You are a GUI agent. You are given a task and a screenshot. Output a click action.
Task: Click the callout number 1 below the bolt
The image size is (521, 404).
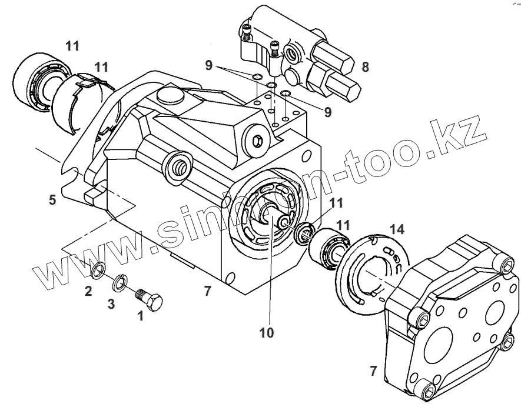pyautogui.click(x=140, y=316)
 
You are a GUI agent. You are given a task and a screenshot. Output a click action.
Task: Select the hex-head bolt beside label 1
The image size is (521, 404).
pyautogui.click(x=150, y=299)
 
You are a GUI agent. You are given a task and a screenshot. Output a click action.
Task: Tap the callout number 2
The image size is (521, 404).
pyautogui.click(x=87, y=290)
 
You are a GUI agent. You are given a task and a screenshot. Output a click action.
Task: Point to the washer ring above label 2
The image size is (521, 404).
pyautogui.click(x=99, y=271)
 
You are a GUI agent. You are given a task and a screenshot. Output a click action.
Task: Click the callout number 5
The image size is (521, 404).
pyautogui.click(x=52, y=200)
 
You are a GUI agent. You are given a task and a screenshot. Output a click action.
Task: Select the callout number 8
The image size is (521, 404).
pyautogui.click(x=366, y=67)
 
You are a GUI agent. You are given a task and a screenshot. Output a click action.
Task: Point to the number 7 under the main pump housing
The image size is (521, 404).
pyautogui.click(x=207, y=290)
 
